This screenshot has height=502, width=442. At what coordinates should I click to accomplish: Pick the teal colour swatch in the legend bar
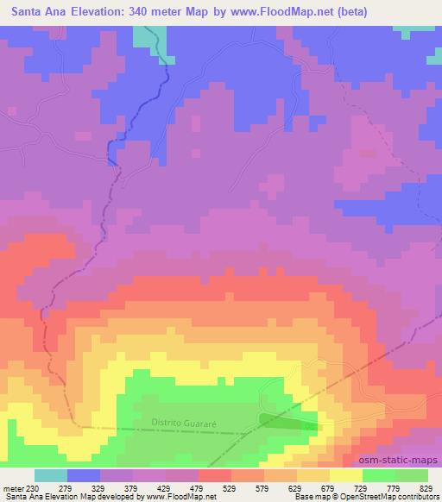51,475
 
